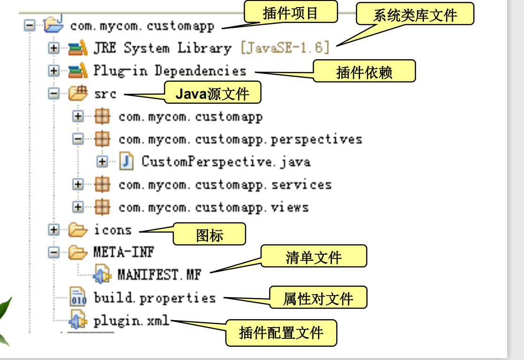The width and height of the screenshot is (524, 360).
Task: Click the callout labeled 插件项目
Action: click(291, 12)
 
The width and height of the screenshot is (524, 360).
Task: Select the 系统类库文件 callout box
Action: click(415, 15)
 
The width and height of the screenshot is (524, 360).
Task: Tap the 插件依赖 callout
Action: click(364, 71)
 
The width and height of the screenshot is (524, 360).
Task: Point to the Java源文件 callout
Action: click(212, 93)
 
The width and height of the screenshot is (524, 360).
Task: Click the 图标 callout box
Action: click(209, 235)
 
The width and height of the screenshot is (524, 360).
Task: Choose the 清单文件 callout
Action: click(314, 257)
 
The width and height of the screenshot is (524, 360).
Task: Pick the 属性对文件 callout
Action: click(318, 298)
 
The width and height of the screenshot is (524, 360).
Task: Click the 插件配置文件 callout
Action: click(281, 332)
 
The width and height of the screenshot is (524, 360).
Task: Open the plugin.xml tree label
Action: click(131, 321)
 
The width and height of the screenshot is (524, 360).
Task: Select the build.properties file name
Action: click(154, 298)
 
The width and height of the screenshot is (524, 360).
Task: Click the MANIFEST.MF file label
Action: click(159, 274)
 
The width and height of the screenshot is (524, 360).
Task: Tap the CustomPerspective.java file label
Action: click(226, 162)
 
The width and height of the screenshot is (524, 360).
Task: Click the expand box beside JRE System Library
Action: click(54, 48)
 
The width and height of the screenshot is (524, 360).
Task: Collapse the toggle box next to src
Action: click(54, 94)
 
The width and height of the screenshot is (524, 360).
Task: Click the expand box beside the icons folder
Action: click(54, 230)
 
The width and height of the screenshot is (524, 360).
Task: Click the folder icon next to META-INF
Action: click(77, 253)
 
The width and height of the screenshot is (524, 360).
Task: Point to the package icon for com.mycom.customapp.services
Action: click(102, 185)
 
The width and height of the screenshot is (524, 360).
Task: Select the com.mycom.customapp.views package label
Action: click(214, 207)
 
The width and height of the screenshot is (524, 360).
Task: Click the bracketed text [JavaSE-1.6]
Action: click(285, 48)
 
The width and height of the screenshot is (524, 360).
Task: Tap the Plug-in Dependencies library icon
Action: click(77, 71)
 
